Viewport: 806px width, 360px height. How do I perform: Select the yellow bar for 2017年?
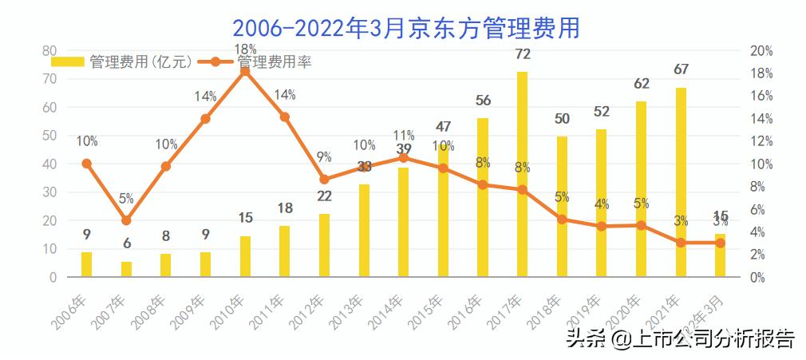coord(522,174)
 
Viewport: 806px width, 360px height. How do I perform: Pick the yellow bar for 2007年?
coord(126,269)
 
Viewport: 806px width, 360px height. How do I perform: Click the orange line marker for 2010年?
coord(245,71)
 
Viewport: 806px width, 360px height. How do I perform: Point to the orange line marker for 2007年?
coord(126,220)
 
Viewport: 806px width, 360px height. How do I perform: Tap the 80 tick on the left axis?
coord(49,50)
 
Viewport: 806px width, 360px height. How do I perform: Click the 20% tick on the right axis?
coord(762,50)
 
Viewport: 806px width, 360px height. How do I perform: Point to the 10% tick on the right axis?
coord(762,164)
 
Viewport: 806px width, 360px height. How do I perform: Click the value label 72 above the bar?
coord(523,54)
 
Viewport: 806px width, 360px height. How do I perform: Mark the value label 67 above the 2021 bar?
coord(681,69)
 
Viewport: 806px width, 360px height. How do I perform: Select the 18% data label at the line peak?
coord(245,49)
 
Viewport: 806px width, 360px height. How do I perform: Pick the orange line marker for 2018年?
coord(562,219)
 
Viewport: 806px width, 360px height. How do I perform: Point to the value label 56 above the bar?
coord(483,101)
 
